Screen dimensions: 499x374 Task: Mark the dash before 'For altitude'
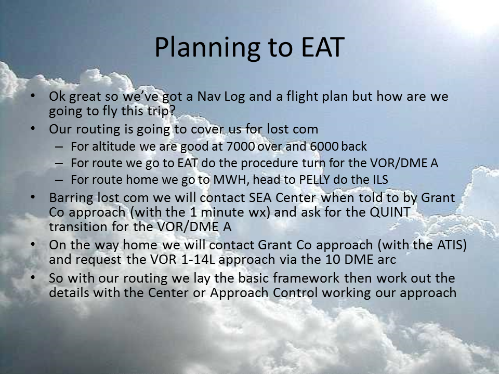click(59, 146)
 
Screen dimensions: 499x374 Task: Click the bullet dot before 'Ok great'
click(33, 96)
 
